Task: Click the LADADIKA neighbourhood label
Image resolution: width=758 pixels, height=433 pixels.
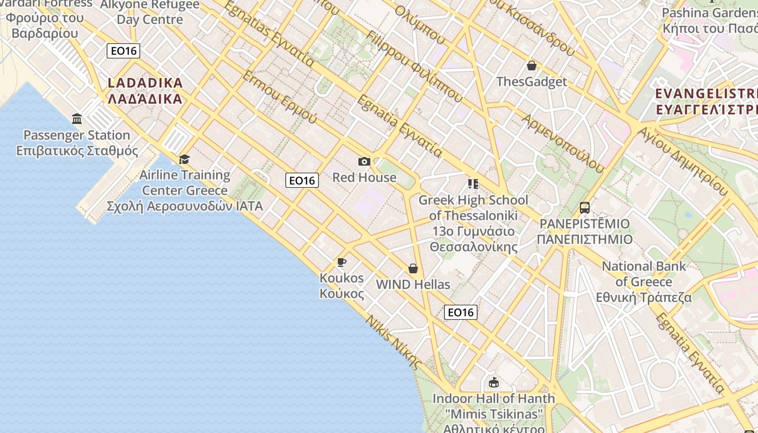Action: point(145,90)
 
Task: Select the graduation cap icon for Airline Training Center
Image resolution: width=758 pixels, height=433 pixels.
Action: point(185,159)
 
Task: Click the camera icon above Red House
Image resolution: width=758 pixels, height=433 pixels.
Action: point(364,161)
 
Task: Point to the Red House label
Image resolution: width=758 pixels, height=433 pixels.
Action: point(364,178)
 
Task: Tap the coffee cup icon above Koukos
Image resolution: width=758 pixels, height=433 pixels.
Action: point(342,263)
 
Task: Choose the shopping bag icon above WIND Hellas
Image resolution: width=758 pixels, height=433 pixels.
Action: point(413,268)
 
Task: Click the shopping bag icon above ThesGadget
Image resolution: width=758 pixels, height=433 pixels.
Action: point(532,65)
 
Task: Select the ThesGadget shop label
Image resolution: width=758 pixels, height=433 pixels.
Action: point(532,82)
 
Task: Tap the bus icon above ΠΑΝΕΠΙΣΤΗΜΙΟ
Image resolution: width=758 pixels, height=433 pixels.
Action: point(585,207)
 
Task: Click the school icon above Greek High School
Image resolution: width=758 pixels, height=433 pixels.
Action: point(473,185)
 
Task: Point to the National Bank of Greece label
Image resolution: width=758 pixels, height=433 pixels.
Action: point(644,281)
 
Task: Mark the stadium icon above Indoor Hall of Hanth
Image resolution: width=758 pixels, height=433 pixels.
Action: point(493,383)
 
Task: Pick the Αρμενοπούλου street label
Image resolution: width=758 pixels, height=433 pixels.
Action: point(563,144)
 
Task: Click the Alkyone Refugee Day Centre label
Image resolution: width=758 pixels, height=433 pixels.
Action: point(150,12)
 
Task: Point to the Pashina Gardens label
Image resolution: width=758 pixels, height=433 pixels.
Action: point(709,20)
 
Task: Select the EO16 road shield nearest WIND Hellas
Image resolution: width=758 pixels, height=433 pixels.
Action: point(461,312)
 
